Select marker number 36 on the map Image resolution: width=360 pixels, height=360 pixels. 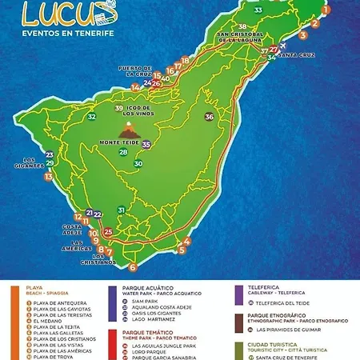(210, 117)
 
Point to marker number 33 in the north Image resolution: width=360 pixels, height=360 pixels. (258, 10)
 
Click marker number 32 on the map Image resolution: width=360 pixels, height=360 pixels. (92, 117)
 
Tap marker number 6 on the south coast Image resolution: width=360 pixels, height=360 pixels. (133, 267)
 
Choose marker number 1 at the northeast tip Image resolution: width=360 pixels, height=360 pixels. (326, 9)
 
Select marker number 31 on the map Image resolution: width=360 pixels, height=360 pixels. (121, 210)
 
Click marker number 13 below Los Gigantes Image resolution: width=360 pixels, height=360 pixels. (49, 177)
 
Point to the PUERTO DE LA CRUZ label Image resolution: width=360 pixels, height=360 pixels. (134, 71)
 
